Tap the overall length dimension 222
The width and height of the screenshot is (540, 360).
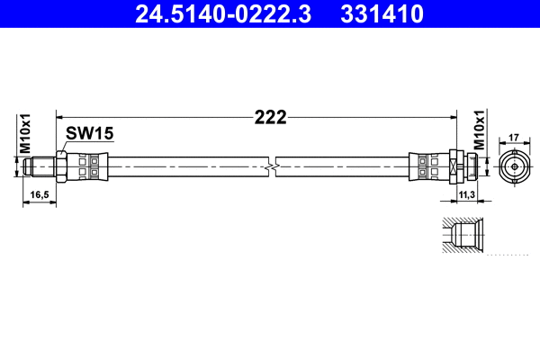pyautogui.click(x=269, y=117)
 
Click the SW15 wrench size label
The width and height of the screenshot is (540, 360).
pyautogui.click(x=90, y=133)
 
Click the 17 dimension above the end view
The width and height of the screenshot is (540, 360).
pyautogui.click(x=514, y=138)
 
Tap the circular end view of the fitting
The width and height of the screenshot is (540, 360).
pyautogui.click(x=514, y=166)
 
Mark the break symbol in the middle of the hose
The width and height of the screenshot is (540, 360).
pyautogui.click(x=270, y=166)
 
